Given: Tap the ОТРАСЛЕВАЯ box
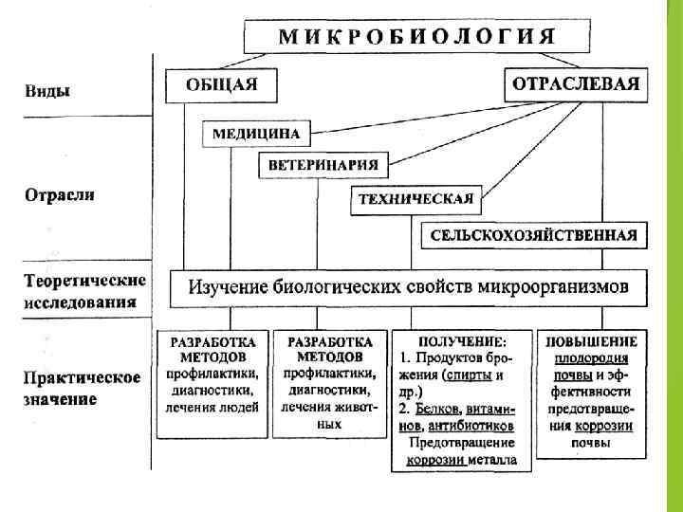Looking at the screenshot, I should [x=576, y=83].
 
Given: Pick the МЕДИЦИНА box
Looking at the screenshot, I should [x=256, y=134].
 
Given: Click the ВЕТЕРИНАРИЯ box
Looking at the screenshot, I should [x=323, y=165].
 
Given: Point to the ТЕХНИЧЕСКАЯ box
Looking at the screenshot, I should [x=415, y=200].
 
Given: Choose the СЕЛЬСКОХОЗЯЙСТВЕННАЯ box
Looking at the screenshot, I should [x=533, y=234].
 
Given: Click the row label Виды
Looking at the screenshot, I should [x=46, y=91].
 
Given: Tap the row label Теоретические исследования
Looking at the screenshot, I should [x=84, y=291].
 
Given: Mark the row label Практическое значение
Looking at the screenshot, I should [x=82, y=388].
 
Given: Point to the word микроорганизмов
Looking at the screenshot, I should [x=566, y=286].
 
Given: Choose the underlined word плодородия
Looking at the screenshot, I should [x=591, y=357].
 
